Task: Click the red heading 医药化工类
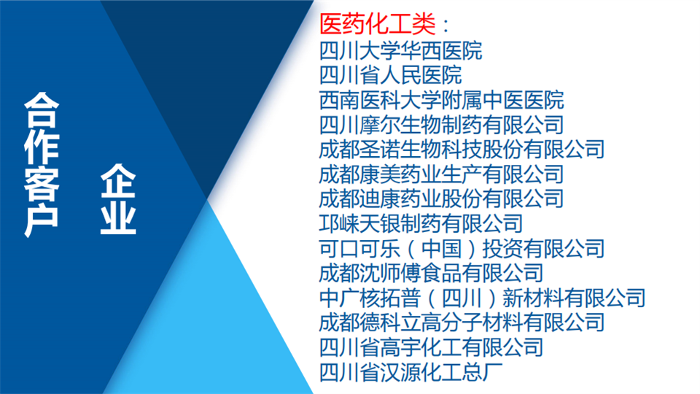[377, 24]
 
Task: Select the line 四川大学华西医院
[400, 50]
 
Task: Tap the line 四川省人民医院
[391, 75]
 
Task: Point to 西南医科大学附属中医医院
[442, 100]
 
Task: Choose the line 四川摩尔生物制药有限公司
[442, 125]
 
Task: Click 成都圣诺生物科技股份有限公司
[462, 149]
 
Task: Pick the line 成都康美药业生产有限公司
[442, 174]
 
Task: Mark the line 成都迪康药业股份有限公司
[442, 198]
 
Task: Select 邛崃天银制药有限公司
[421, 223]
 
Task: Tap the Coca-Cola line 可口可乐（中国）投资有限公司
[462, 248]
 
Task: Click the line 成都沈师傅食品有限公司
[431, 273]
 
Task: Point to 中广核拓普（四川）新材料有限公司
[482, 298]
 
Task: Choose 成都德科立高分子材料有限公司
[462, 322]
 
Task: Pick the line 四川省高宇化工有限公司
[431, 347]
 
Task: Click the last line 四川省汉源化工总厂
[411, 372]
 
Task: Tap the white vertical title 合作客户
[42, 165]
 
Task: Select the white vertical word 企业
[118, 199]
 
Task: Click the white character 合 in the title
[42, 110]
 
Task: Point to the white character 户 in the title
[42, 220]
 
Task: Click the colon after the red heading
[446, 25]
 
